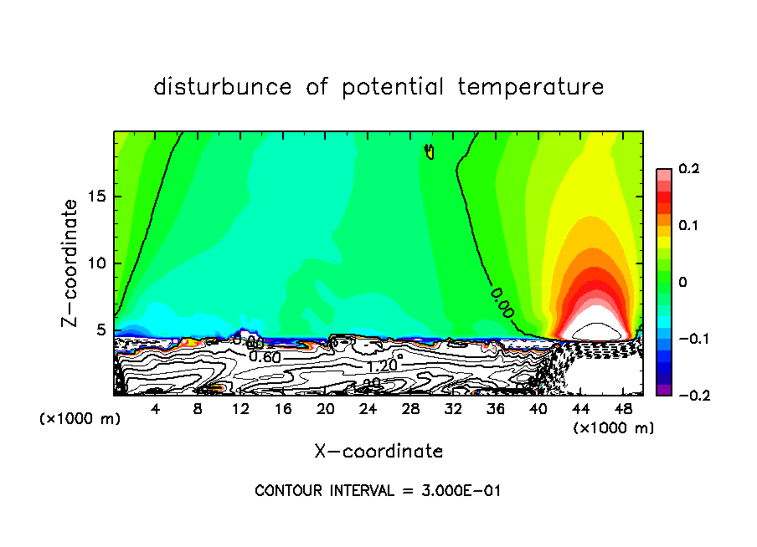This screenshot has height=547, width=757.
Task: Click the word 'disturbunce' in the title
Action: (x=222, y=87)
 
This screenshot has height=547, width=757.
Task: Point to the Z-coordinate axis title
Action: (x=71, y=263)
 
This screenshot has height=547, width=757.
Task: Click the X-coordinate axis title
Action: (x=378, y=452)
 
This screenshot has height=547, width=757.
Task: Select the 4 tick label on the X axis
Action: (x=156, y=409)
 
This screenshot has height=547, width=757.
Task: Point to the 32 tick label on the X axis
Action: (x=453, y=409)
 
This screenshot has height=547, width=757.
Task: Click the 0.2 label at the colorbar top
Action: (x=688, y=169)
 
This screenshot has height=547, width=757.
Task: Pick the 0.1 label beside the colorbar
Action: (x=688, y=226)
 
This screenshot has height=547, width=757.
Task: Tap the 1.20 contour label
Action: (x=381, y=366)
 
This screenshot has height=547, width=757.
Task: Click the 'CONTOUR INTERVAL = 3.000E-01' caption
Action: (x=378, y=491)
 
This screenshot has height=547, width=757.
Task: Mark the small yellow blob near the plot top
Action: (x=430, y=151)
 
